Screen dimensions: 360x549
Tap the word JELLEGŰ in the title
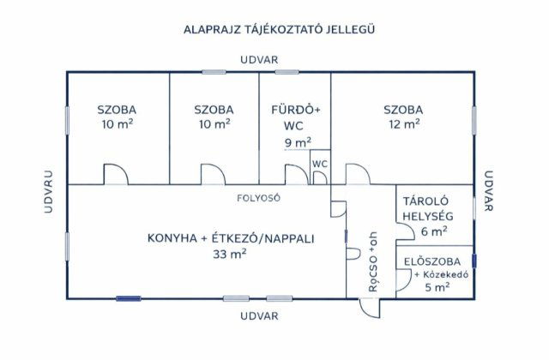pos(350,29)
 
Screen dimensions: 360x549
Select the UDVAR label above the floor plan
pos(259,60)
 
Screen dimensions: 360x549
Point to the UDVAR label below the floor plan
pos(259,315)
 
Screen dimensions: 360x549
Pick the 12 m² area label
pos(402,124)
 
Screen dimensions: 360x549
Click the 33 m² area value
pos(231,254)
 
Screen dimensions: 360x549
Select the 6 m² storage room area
pos(434,231)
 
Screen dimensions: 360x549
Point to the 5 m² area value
pos(437,287)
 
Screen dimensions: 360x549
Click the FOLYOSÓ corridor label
pos(259,197)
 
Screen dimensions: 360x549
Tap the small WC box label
pos(320,164)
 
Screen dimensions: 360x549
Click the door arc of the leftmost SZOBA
pos(116,174)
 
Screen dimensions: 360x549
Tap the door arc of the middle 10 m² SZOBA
pos(213,174)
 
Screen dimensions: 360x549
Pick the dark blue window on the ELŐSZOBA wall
pos(474,260)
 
